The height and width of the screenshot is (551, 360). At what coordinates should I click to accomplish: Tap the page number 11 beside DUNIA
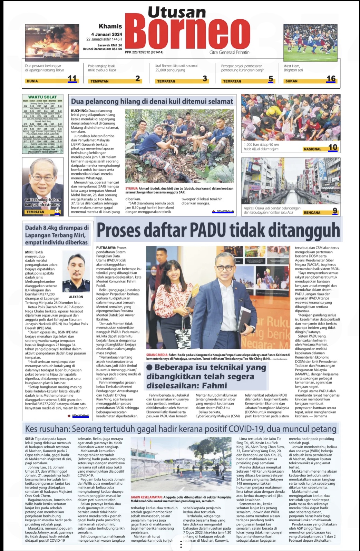[72, 78]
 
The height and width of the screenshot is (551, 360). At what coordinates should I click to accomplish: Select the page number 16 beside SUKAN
[331, 78]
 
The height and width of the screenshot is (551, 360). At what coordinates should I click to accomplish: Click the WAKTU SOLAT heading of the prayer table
[42, 97]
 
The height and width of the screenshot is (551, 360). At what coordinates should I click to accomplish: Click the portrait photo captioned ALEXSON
[76, 273]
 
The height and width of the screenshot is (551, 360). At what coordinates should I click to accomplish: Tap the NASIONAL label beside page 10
[312, 149]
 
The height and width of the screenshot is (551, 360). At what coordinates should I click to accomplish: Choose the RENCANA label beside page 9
[312, 212]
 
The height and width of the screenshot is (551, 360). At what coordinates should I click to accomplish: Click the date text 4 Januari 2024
[107, 34]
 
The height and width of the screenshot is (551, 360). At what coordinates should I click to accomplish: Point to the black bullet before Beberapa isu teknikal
[149, 368]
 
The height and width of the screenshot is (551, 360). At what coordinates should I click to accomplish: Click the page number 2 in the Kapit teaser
[137, 78]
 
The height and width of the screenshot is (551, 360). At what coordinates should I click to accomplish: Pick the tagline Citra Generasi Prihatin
[229, 52]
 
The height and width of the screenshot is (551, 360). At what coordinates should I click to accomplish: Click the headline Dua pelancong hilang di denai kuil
[152, 101]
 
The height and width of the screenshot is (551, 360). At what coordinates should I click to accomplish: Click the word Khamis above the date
[110, 26]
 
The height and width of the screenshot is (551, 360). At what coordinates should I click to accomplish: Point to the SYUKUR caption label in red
[131, 188]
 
